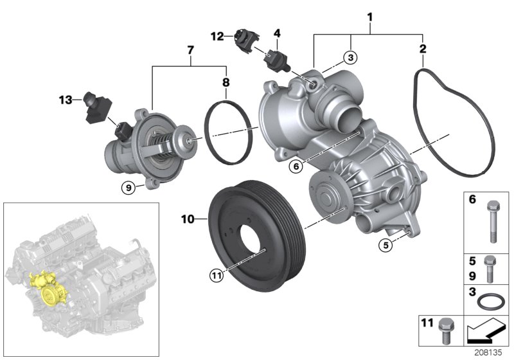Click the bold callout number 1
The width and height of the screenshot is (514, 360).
[x=370, y=14]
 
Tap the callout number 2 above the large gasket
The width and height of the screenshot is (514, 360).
[x=422, y=48]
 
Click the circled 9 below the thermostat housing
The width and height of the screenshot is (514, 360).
[x=128, y=187]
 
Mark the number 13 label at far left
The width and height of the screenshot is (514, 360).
[x=64, y=99]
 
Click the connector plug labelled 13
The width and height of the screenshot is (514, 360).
[x=95, y=107]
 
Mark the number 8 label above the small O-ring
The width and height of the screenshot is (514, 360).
[x=226, y=82]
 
